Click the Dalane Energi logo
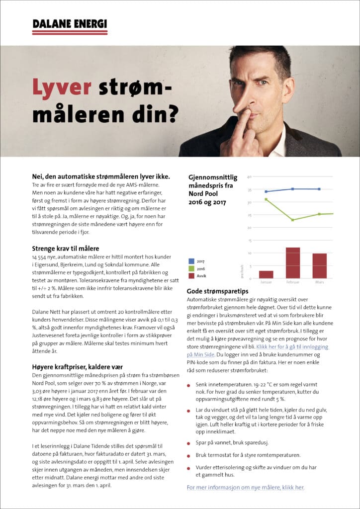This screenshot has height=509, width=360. point(70,26)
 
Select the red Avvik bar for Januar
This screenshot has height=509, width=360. point(266,274)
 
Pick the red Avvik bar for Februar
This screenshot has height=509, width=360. point(293,263)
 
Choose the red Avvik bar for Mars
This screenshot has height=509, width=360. point(320,266)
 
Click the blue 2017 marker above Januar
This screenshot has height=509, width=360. point(266,191)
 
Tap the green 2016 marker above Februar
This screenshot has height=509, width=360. point(293,220)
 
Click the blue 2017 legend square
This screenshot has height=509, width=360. point(191,260)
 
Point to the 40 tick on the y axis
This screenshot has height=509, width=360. point(250,176)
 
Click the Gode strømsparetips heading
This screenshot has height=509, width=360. point(217,291)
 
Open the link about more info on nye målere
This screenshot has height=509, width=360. point(245,487)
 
